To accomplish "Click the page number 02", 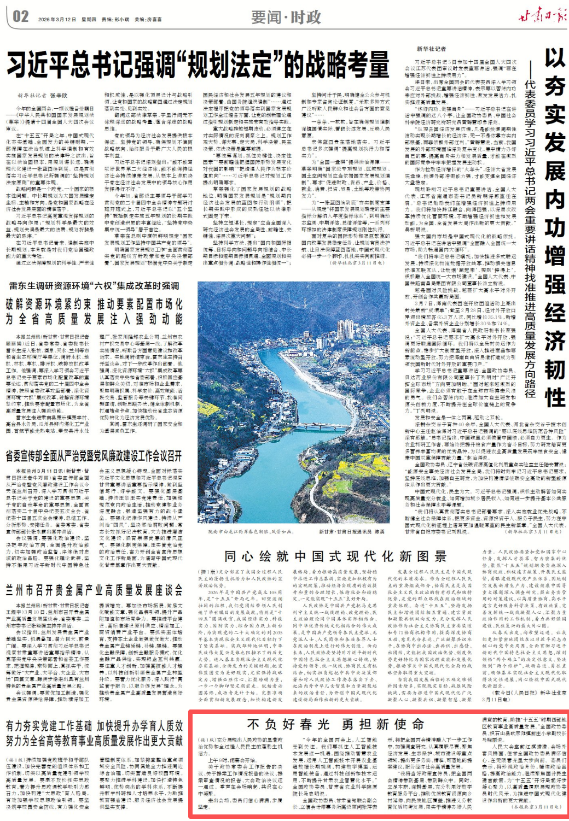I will point(20,16).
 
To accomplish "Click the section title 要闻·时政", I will point(286,17).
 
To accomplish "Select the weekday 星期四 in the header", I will point(89,20).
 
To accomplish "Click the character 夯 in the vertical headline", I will point(554,86).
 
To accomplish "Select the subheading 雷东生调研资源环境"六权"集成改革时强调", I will point(93,286).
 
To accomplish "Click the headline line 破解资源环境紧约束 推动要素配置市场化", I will point(94,304).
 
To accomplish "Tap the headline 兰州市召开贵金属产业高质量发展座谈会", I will point(94,590).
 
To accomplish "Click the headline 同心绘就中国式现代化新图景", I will point(335,556).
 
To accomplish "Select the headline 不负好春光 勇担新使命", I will point(335,724).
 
